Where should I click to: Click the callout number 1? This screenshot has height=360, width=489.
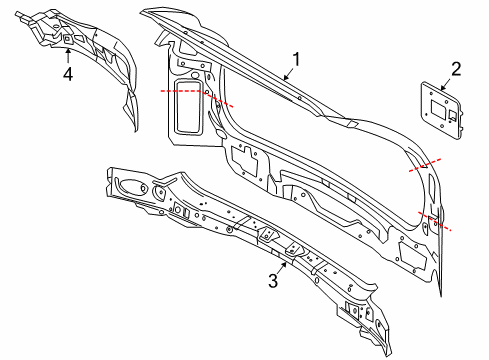[x=296, y=58]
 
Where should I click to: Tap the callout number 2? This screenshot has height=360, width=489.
[x=455, y=68]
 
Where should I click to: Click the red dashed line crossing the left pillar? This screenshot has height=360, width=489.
[x=196, y=96]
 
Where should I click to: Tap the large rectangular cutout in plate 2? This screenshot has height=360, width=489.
[x=437, y=104]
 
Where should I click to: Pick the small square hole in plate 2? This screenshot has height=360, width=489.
[x=450, y=116]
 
